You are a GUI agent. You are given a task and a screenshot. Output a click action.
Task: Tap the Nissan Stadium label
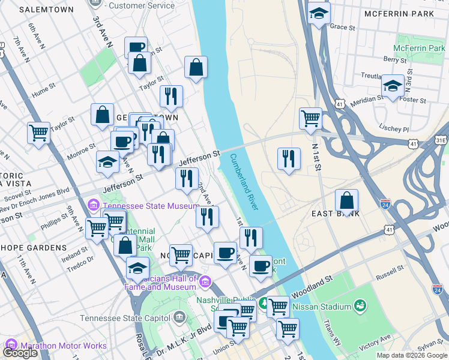click(x=321, y=307)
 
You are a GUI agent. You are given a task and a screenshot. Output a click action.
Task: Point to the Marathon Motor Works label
click(x=63, y=346)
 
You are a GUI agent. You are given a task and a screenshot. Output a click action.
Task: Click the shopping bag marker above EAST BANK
click(x=347, y=201)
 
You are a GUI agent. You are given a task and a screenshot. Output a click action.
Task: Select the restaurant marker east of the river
click(x=289, y=159)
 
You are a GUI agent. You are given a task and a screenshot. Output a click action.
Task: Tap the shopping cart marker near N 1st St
click(x=310, y=118)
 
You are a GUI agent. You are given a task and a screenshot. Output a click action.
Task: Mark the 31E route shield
click(x=441, y=140)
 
